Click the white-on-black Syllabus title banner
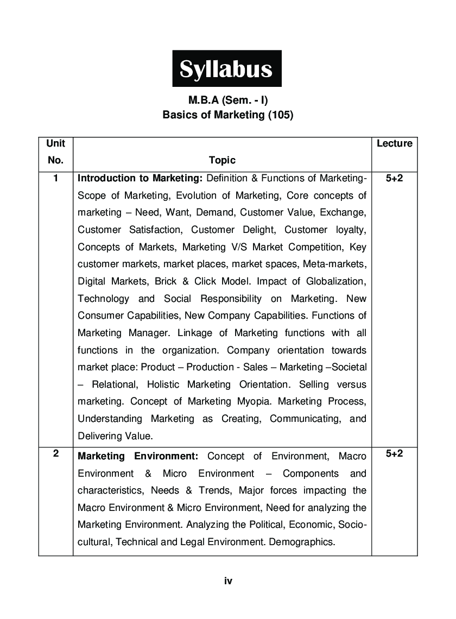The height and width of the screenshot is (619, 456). [x=227, y=69]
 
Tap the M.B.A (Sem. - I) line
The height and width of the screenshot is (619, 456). [x=228, y=100]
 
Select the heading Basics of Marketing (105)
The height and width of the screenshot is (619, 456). [x=228, y=115]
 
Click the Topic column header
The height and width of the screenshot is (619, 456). [x=222, y=160]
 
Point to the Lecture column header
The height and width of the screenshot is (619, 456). [x=394, y=143]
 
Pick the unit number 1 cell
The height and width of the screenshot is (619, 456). [x=55, y=178]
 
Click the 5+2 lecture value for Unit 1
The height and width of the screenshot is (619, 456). [x=394, y=178]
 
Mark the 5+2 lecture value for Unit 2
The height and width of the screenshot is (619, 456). [x=394, y=454]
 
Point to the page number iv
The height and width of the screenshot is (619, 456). [x=228, y=581]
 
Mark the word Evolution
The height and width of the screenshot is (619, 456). [x=173, y=195]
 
